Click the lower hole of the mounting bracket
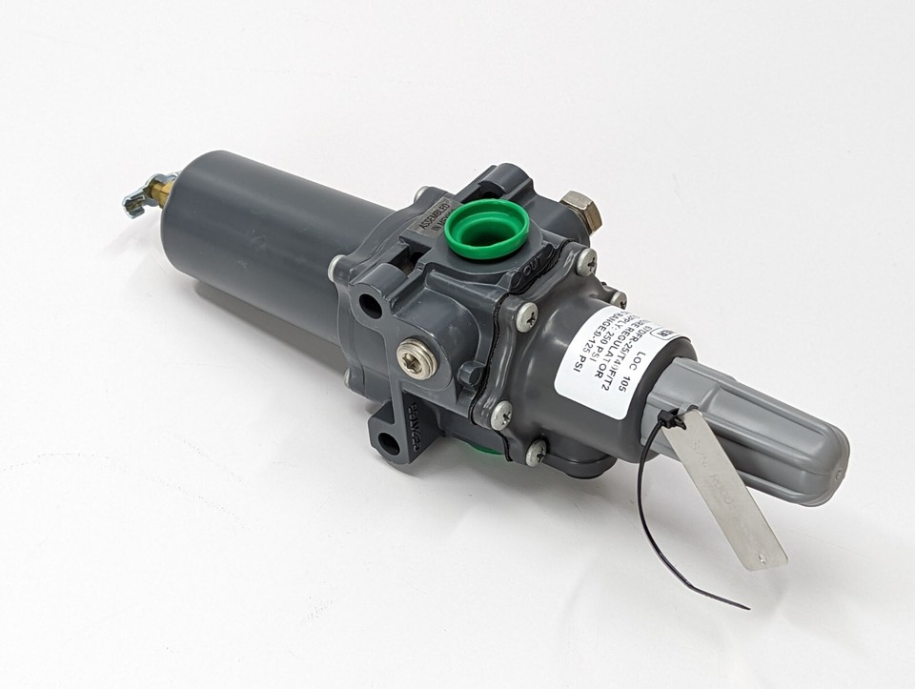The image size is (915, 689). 389,443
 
